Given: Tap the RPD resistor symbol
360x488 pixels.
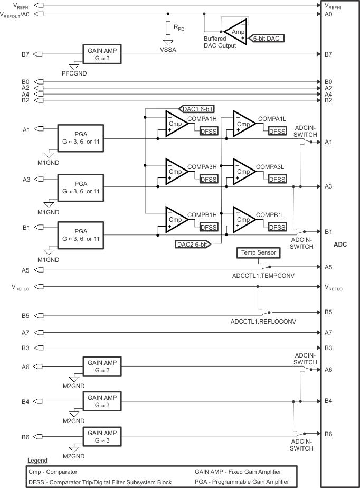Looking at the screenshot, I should [x=168, y=27].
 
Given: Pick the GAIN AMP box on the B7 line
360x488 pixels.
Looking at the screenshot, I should [x=102, y=53].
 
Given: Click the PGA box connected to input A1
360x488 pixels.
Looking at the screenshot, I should [x=81, y=138].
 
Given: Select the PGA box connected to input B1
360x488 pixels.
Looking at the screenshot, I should [x=81, y=235].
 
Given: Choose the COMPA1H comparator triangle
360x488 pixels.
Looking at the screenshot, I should [x=176, y=124].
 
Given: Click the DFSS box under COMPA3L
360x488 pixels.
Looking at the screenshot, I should [x=277, y=180].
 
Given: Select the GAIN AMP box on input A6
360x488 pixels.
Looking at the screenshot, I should [x=102, y=365].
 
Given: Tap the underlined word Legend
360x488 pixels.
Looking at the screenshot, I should [x=37, y=461].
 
